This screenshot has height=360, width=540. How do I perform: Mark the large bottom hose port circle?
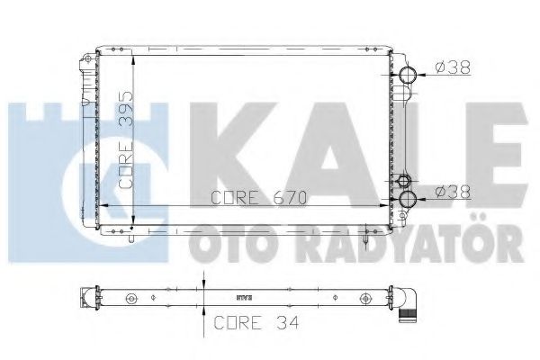409,199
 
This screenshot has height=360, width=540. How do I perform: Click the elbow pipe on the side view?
413,302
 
